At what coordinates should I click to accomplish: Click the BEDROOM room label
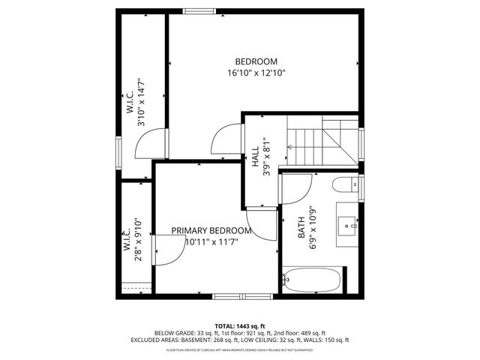click(x=256, y=61)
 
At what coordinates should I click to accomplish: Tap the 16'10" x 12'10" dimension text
click(x=256, y=73)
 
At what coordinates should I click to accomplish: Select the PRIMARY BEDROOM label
click(x=211, y=230)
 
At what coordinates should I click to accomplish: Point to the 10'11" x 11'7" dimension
click(x=211, y=241)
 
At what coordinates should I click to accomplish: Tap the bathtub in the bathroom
click(x=313, y=280)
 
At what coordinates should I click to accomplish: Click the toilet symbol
click(x=346, y=185)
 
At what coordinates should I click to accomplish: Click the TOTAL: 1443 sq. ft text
click(x=239, y=324)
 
